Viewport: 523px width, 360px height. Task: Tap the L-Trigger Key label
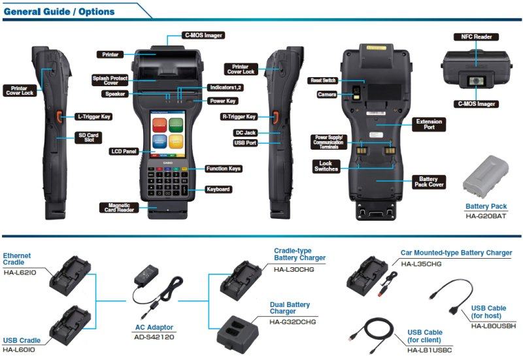93,116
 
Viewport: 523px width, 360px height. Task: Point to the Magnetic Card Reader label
118,208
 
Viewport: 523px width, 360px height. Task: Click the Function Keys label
224,169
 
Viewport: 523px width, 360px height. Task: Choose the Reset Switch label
322,80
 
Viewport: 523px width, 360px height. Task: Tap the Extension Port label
429,124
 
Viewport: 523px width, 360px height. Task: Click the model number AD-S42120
154,337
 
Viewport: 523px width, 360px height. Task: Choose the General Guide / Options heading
59,11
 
